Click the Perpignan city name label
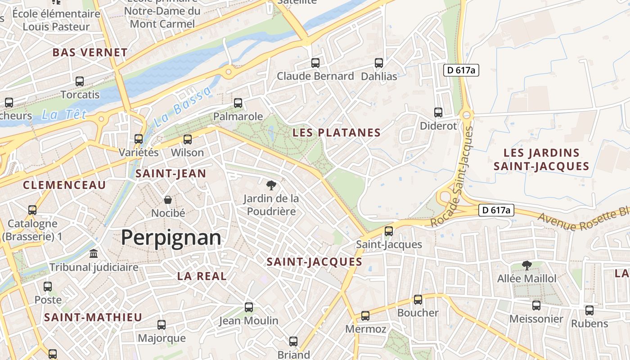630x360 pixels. (171, 237)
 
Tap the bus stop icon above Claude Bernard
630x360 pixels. (315, 63)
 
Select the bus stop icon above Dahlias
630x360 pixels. (379, 63)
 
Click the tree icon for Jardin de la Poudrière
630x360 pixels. (271, 185)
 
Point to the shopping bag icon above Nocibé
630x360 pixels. (168, 200)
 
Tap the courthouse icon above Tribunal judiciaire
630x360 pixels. (94, 254)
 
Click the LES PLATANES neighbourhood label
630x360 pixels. (337, 133)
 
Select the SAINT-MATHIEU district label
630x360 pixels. (93, 317)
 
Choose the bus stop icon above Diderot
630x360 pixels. (438, 112)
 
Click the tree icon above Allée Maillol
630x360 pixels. (526, 265)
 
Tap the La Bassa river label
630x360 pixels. (182, 107)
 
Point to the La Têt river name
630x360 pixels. (64, 115)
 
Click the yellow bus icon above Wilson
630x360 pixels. (188, 139)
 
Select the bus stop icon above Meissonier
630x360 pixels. (536, 306)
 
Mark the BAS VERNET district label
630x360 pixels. (90, 53)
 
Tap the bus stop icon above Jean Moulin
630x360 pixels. (249, 307)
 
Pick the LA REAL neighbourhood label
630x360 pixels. (202, 276)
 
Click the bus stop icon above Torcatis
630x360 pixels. (80, 81)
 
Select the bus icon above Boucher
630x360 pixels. (418, 300)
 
